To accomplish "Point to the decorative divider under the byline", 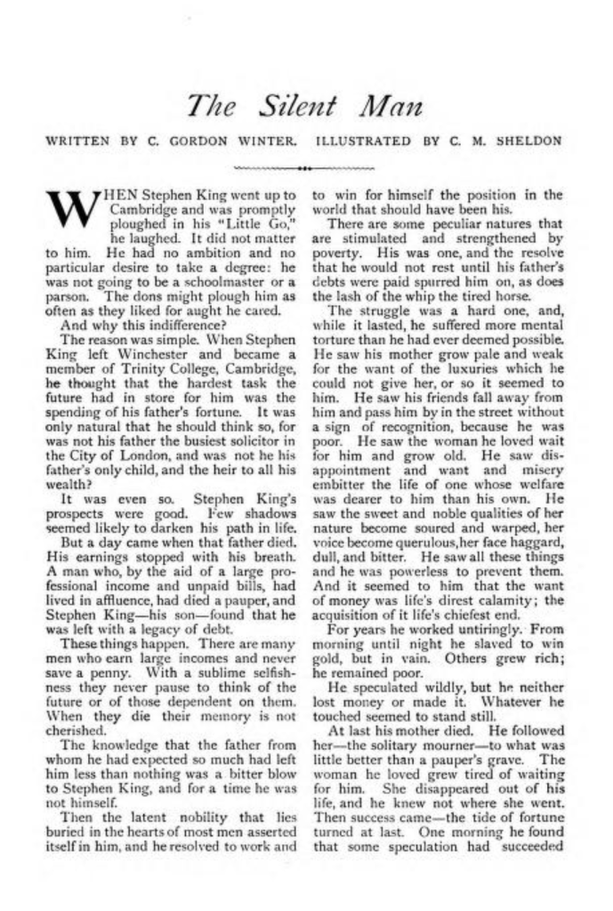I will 305,166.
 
